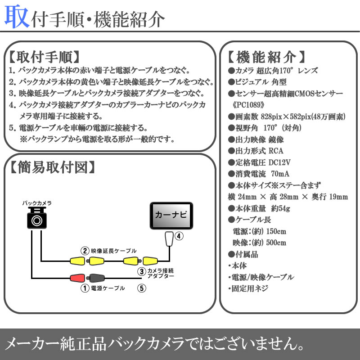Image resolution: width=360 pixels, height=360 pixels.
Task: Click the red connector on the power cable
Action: pos(78,278)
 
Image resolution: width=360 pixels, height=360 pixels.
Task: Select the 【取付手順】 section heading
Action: pos(44,57)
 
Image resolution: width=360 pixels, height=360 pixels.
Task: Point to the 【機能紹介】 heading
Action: pos(267,57)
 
